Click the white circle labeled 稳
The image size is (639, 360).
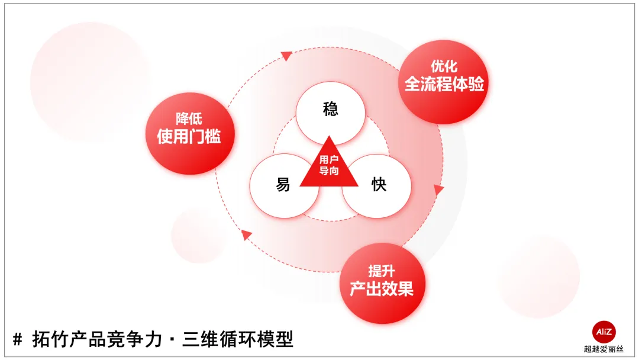tap(330, 110)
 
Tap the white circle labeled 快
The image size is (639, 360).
tap(377, 185)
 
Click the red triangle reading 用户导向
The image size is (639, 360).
tap(329, 167)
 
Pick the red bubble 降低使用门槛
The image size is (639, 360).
tap(189, 134)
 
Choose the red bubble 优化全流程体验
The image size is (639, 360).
tap(444, 81)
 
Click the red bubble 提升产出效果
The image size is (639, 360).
tap(382, 282)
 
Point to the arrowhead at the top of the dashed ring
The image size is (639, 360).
tap(286, 56)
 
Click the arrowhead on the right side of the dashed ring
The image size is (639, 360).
tap(438, 190)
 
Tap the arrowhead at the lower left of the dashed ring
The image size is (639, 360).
tap(247, 235)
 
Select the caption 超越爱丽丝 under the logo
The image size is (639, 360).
tap(603, 349)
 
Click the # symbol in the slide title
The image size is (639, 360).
tap(18, 340)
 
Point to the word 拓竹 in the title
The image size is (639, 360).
tap(47, 340)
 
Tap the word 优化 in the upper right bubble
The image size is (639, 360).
tap(444, 66)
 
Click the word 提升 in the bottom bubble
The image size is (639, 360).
tap(382, 271)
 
